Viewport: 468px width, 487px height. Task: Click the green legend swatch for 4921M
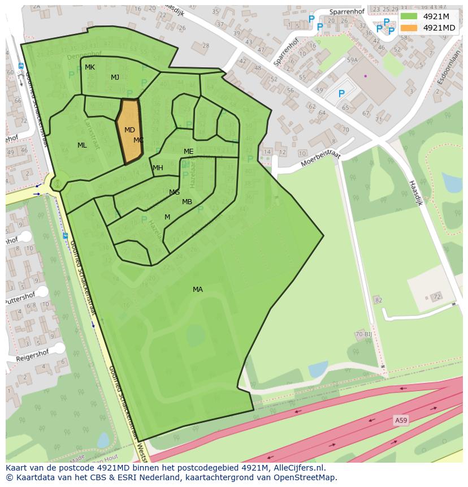point(409,16)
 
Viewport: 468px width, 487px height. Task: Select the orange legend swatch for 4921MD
point(409,28)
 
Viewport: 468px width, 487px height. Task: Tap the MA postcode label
point(197,290)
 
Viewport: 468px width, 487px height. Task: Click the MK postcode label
point(90,67)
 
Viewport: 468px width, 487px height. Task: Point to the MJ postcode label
point(115,77)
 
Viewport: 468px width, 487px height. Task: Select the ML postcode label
point(82,145)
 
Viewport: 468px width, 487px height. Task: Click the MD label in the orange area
point(129,130)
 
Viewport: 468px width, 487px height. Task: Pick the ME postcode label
point(188,152)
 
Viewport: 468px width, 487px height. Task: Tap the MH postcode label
point(158,168)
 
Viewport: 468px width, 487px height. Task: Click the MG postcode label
point(174,192)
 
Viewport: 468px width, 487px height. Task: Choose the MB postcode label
point(187,202)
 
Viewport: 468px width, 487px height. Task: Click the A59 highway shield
point(400,420)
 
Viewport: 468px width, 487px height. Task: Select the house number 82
point(378,300)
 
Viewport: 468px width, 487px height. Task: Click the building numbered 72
point(436,296)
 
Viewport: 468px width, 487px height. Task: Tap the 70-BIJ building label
point(363,335)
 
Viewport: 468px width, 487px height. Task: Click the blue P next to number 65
point(341,94)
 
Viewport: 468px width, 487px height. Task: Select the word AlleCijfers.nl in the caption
point(298,468)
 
